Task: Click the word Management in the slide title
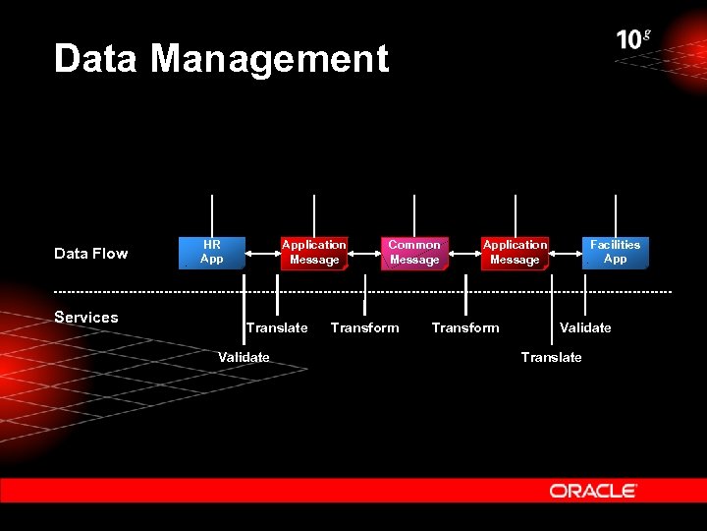tap(269, 59)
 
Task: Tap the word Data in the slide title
tap(97, 59)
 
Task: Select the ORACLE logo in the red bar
tap(593, 491)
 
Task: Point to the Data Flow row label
tap(91, 254)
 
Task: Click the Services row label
tap(86, 317)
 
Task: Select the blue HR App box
tap(211, 253)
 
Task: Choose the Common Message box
tap(414, 253)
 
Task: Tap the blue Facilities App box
tap(615, 253)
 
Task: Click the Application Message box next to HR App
tap(313, 253)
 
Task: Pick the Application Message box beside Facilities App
tap(515, 253)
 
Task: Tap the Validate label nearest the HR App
tap(244, 357)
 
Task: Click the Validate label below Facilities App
tap(585, 327)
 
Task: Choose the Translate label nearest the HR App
tap(277, 327)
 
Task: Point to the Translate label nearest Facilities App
tap(551, 357)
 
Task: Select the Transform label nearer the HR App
tap(364, 327)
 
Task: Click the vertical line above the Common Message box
tap(414, 214)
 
